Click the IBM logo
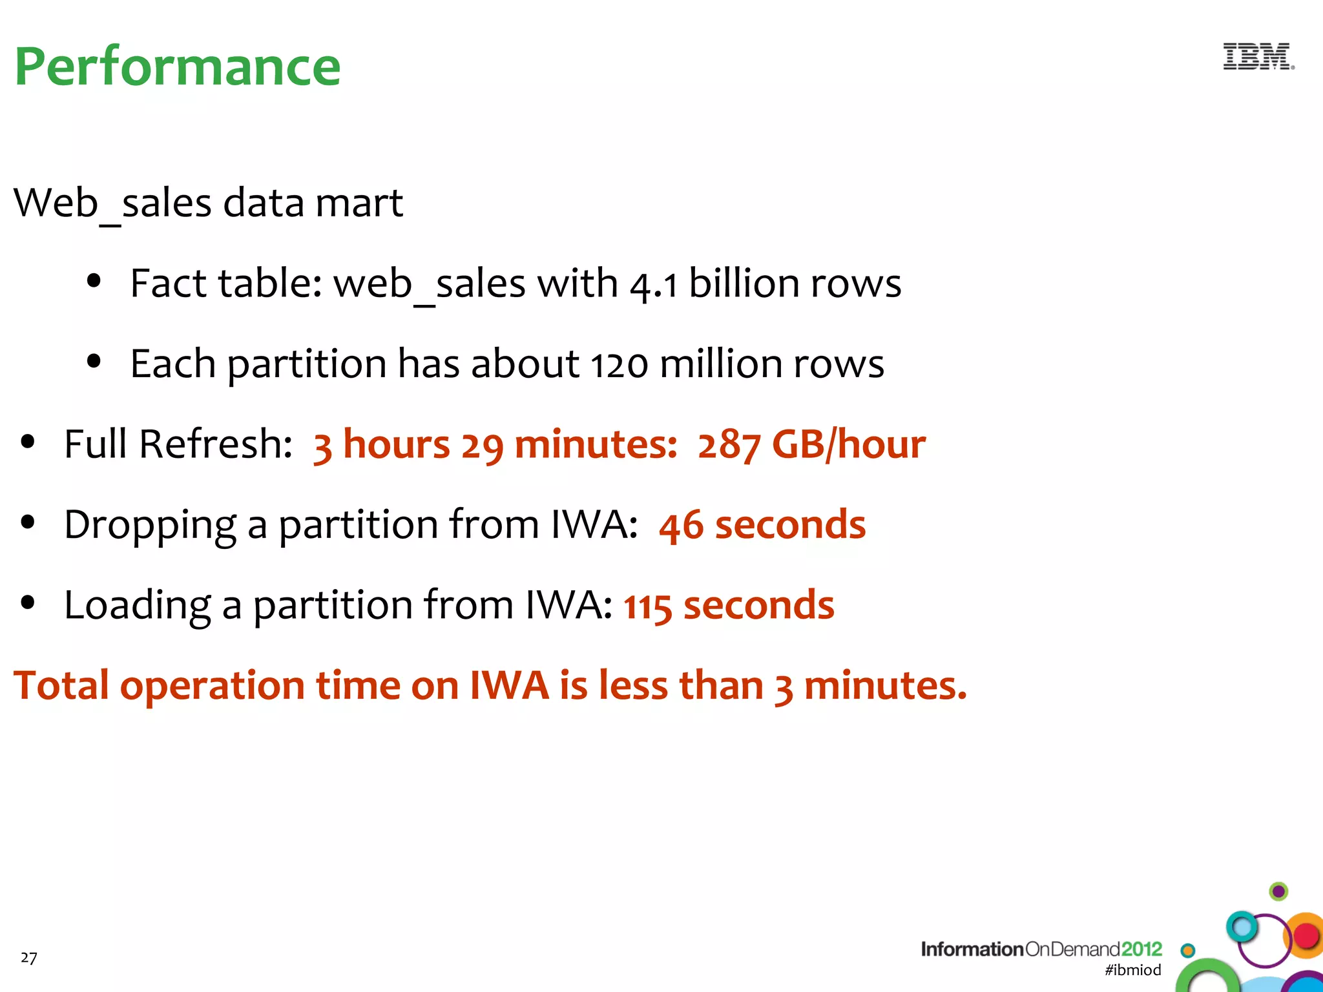pos(1258,57)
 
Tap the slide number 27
pos(29,957)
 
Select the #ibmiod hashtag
pos(1132,969)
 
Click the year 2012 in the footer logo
pos(1141,949)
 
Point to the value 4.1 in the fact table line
pos(654,284)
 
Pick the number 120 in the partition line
pos(620,365)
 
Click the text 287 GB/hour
pos(811,444)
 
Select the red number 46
pos(681,525)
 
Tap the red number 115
pos(647,606)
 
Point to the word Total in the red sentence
pos(61,685)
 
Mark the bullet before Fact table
pos(94,281)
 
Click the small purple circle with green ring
pos(1278,891)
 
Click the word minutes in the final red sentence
pos(885,685)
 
